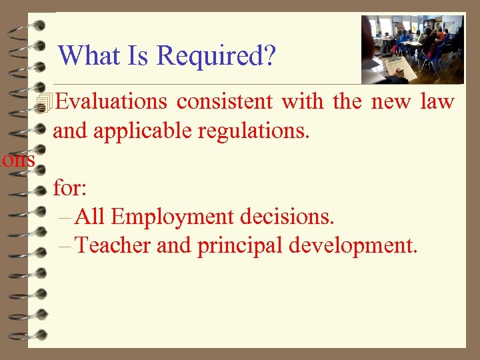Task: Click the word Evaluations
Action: point(111,102)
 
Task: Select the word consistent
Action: point(225,102)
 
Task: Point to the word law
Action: point(437,102)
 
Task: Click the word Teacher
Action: point(114,245)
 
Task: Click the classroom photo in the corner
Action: point(412,49)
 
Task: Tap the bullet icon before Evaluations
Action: point(45,103)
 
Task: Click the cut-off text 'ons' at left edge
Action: point(18,159)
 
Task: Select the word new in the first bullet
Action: point(391,102)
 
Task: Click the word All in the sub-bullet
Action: point(91,217)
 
